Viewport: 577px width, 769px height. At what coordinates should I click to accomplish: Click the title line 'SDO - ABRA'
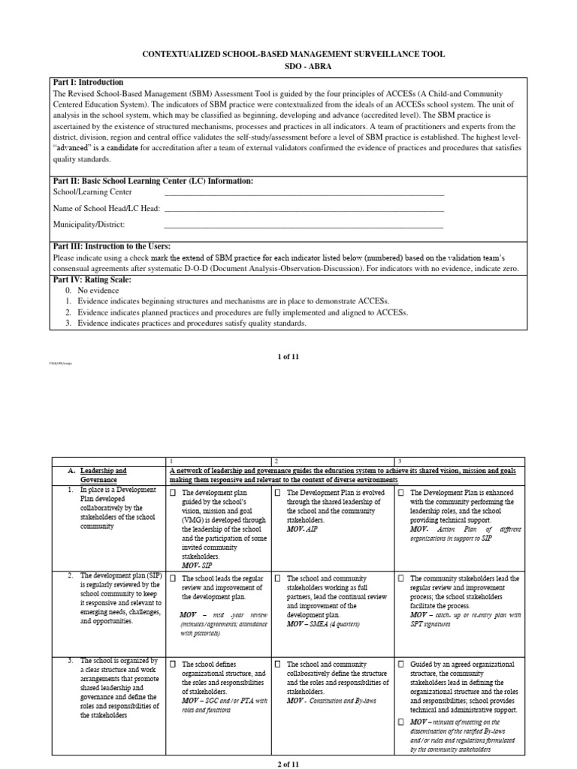click(288, 68)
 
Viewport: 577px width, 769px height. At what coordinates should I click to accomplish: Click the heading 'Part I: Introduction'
click(89, 82)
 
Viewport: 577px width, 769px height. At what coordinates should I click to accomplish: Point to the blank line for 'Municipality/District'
click(304, 225)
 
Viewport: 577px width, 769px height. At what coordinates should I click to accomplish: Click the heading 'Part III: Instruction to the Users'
click(112, 246)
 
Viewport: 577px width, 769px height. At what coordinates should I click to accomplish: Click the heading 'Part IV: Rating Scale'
click(92, 279)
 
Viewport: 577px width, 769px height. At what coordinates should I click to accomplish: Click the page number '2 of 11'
click(288, 764)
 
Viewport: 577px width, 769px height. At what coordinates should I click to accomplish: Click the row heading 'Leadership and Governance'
click(103, 475)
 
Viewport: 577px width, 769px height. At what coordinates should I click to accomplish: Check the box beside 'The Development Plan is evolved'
click(278, 493)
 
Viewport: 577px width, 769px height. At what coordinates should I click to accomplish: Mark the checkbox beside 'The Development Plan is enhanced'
click(402, 493)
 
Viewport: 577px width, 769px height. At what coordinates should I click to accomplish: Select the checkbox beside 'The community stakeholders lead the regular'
click(402, 579)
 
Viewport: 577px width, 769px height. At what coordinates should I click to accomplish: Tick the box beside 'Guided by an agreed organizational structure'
click(402, 665)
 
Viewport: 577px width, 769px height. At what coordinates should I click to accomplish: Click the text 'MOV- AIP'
click(304, 529)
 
